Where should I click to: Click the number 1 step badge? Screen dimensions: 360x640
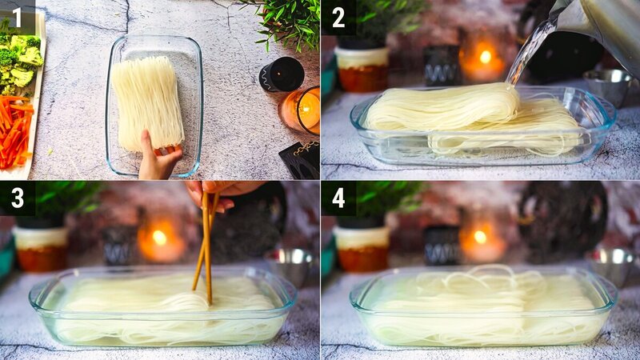coord(17,17)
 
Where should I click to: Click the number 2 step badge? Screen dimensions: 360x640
coord(338,17)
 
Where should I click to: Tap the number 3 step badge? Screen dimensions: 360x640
coord(17,198)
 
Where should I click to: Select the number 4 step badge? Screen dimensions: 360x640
coord(338,198)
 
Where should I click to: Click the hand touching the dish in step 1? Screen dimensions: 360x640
coord(158,158)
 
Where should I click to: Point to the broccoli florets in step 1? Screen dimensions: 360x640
coord(20,60)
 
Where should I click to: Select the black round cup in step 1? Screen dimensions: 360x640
coord(282,74)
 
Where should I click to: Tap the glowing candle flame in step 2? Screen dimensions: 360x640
coord(485,57)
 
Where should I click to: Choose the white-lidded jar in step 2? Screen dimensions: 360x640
coord(362,67)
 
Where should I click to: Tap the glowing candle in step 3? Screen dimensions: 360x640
coord(159,238)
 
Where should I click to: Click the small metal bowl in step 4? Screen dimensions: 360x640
coord(612,265)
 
